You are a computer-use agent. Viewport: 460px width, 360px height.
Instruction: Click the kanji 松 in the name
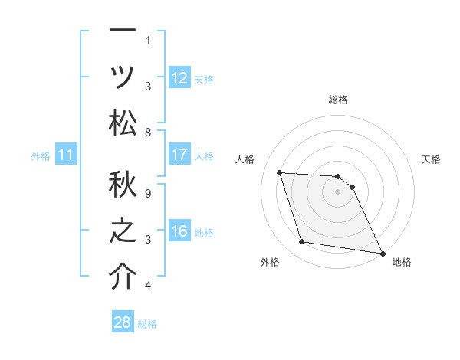point(123,122)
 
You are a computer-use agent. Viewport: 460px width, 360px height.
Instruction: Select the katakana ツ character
point(123,77)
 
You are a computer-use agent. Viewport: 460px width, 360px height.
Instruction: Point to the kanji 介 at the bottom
point(123,277)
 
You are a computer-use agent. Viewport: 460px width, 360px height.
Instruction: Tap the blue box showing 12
point(179,77)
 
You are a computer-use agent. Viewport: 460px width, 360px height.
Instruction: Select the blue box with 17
point(179,155)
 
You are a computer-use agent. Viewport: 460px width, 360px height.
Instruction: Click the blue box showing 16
point(179,231)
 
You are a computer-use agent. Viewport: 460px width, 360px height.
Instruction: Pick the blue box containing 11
point(66,155)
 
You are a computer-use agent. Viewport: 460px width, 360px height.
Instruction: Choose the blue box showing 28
point(123,322)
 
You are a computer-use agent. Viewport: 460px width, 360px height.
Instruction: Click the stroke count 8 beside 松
point(148,132)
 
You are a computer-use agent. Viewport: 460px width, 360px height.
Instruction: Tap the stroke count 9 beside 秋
point(148,193)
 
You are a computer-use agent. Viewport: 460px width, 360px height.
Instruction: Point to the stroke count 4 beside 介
point(148,286)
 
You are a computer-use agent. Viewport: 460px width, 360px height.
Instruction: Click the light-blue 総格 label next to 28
point(147,324)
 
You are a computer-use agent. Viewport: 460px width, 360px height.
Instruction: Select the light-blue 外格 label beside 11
point(41,156)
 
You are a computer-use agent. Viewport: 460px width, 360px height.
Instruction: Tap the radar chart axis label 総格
point(338,100)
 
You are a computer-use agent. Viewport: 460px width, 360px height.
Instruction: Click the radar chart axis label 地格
point(402,262)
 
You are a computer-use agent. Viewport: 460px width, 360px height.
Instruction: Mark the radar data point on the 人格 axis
point(280,173)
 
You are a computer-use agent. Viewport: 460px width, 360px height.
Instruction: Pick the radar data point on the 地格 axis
point(382,253)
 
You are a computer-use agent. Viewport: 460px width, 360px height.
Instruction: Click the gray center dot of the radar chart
point(338,192)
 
